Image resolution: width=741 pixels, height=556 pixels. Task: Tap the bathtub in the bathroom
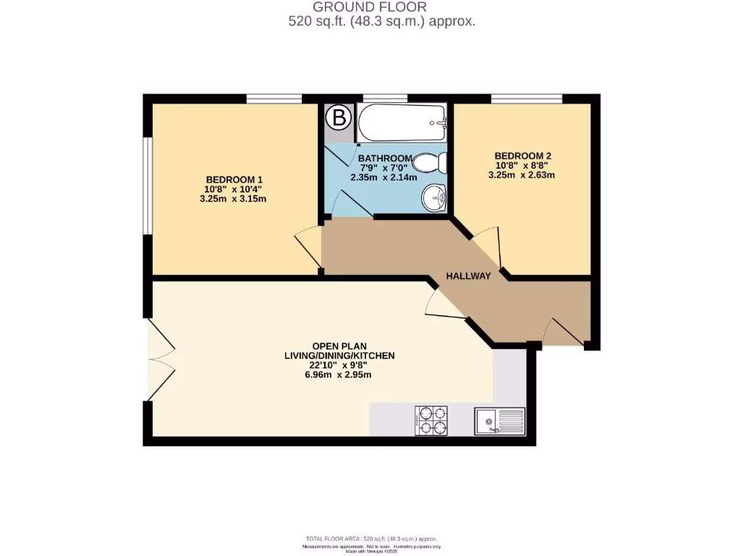point(401,123)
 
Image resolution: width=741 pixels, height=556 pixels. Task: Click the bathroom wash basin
point(434,197)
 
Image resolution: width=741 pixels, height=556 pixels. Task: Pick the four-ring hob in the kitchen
point(431,421)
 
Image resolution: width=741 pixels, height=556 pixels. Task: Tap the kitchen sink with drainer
point(499,421)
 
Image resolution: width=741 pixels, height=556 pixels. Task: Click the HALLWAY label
point(468,276)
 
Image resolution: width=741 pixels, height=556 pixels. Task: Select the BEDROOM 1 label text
point(234,180)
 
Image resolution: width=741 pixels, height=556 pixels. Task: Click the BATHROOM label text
point(385,158)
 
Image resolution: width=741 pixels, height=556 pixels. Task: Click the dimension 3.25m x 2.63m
point(522,174)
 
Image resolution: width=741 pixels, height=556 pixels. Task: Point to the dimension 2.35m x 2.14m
point(384,177)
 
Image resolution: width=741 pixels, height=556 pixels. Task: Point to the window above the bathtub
point(384,98)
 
